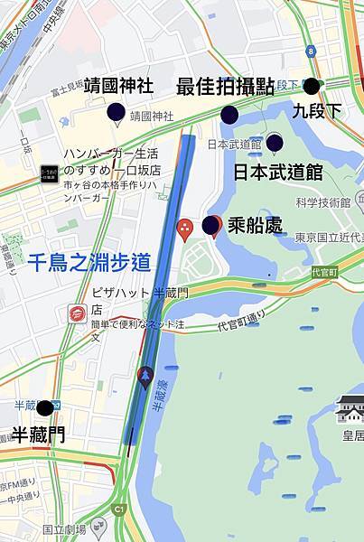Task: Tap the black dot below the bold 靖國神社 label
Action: point(116,112)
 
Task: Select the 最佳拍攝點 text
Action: point(225,87)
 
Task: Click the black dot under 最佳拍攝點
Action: point(229,114)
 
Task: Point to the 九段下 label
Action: point(317,110)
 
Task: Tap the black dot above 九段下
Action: point(312,87)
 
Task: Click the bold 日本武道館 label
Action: point(277,172)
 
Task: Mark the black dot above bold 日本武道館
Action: point(275,142)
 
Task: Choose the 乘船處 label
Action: point(256,226)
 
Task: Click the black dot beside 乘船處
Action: point(210,225)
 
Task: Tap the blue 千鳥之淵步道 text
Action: point(89,263)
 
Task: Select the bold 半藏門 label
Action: point(38,435)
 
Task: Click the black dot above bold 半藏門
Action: point(44,408)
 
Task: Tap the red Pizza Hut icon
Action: point(77,313)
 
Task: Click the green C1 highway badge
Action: point(117,509)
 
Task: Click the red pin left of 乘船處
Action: point(185,229)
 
